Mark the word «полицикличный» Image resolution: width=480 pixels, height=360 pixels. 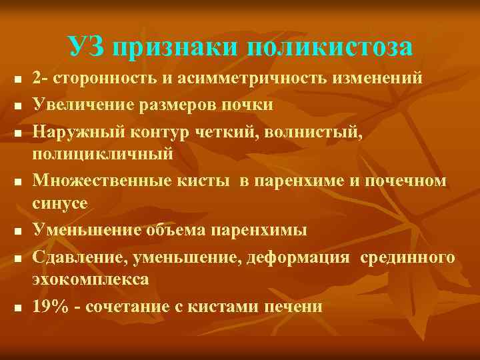(x=103, y=154)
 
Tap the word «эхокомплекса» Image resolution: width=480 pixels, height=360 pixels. (x=91, y=280)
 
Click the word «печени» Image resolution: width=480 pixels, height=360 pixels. (x=297, y=307)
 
